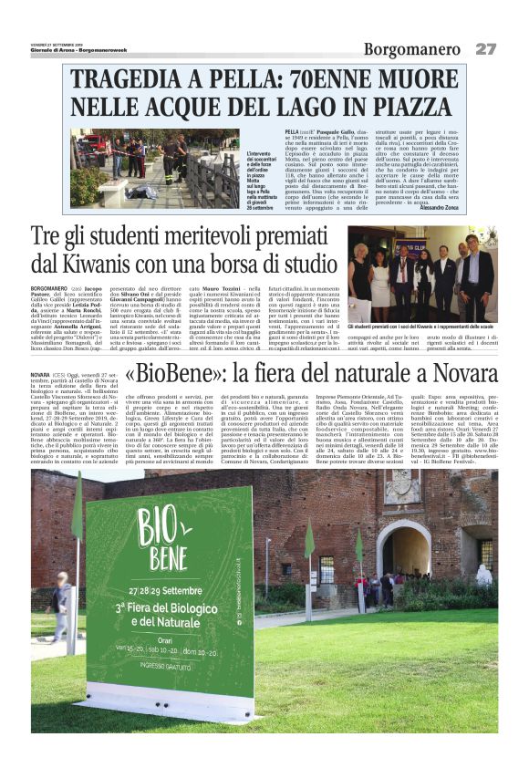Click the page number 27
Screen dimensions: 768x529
[x=486, y=47]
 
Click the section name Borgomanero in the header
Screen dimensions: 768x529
[x=413, y=48]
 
